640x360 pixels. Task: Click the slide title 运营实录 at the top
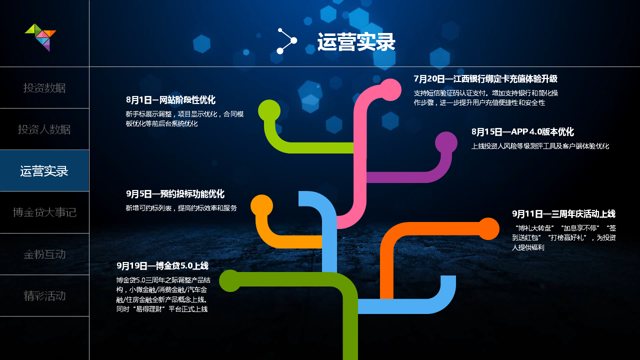pos(356,42)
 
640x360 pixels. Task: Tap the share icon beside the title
pos(287,41)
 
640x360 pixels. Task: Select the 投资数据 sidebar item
pos(44,88)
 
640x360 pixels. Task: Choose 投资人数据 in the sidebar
pos(44,129)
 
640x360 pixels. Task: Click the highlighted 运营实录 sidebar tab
pos(44,171)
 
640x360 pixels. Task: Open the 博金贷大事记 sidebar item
pos(44,212)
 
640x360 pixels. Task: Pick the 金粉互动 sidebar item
pos(44,254)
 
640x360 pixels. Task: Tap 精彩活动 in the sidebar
pos(44,295)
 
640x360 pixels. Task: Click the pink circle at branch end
pos(390,89)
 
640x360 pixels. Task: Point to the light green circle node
pos(269,111)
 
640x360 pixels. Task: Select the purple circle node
pos(446,143)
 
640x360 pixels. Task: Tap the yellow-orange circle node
pos(261,205)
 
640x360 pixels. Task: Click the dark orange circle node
pos(488,229)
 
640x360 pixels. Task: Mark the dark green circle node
pos(230,281)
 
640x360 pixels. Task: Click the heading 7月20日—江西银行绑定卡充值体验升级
pos(485,79)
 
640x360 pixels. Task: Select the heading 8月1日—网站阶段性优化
pos(170,100)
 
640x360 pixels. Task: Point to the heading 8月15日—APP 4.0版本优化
pos(522,131)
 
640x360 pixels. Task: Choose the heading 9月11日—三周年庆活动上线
pos(563,213)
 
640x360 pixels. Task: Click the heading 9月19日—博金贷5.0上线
pos(162,265)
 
